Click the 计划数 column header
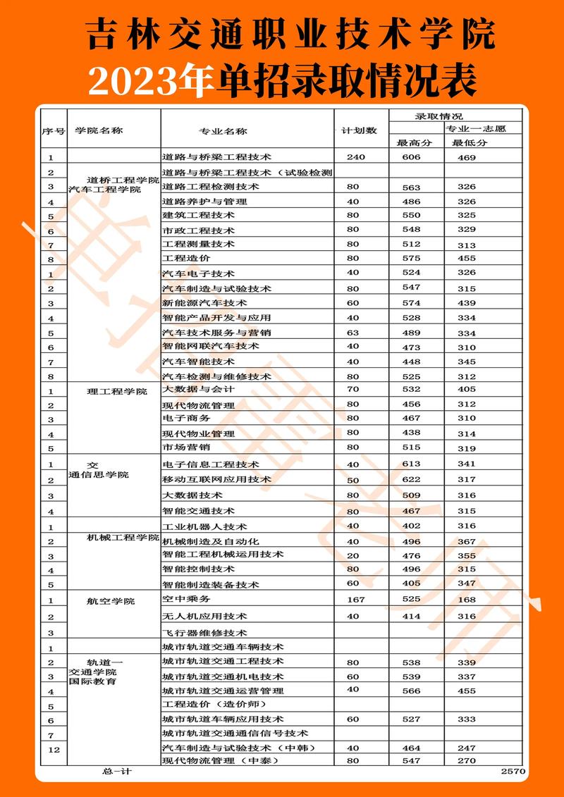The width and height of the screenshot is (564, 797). pyautogui.click(x=360, y=130)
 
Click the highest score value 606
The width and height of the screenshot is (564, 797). pyautogui.click(x=411, y=157)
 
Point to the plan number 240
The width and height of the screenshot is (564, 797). pyautogui.click(x=355, y=156)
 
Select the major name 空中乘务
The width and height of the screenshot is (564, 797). pyautogui.click(x=187, y=599)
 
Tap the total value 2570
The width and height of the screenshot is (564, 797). pyautogui.click(x=513, y=772)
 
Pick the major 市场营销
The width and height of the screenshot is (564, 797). pyautogui.click(x=186, y=447)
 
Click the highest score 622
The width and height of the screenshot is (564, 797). pyautogui.click(x=411, y=479)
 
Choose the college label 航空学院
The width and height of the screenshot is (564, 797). pyautogui.click(x=111, y=601)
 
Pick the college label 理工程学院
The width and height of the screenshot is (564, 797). pyautogui.click(x=117, y=391)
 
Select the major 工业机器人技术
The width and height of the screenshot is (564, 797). pyautogui.click(x=205, y=526)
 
